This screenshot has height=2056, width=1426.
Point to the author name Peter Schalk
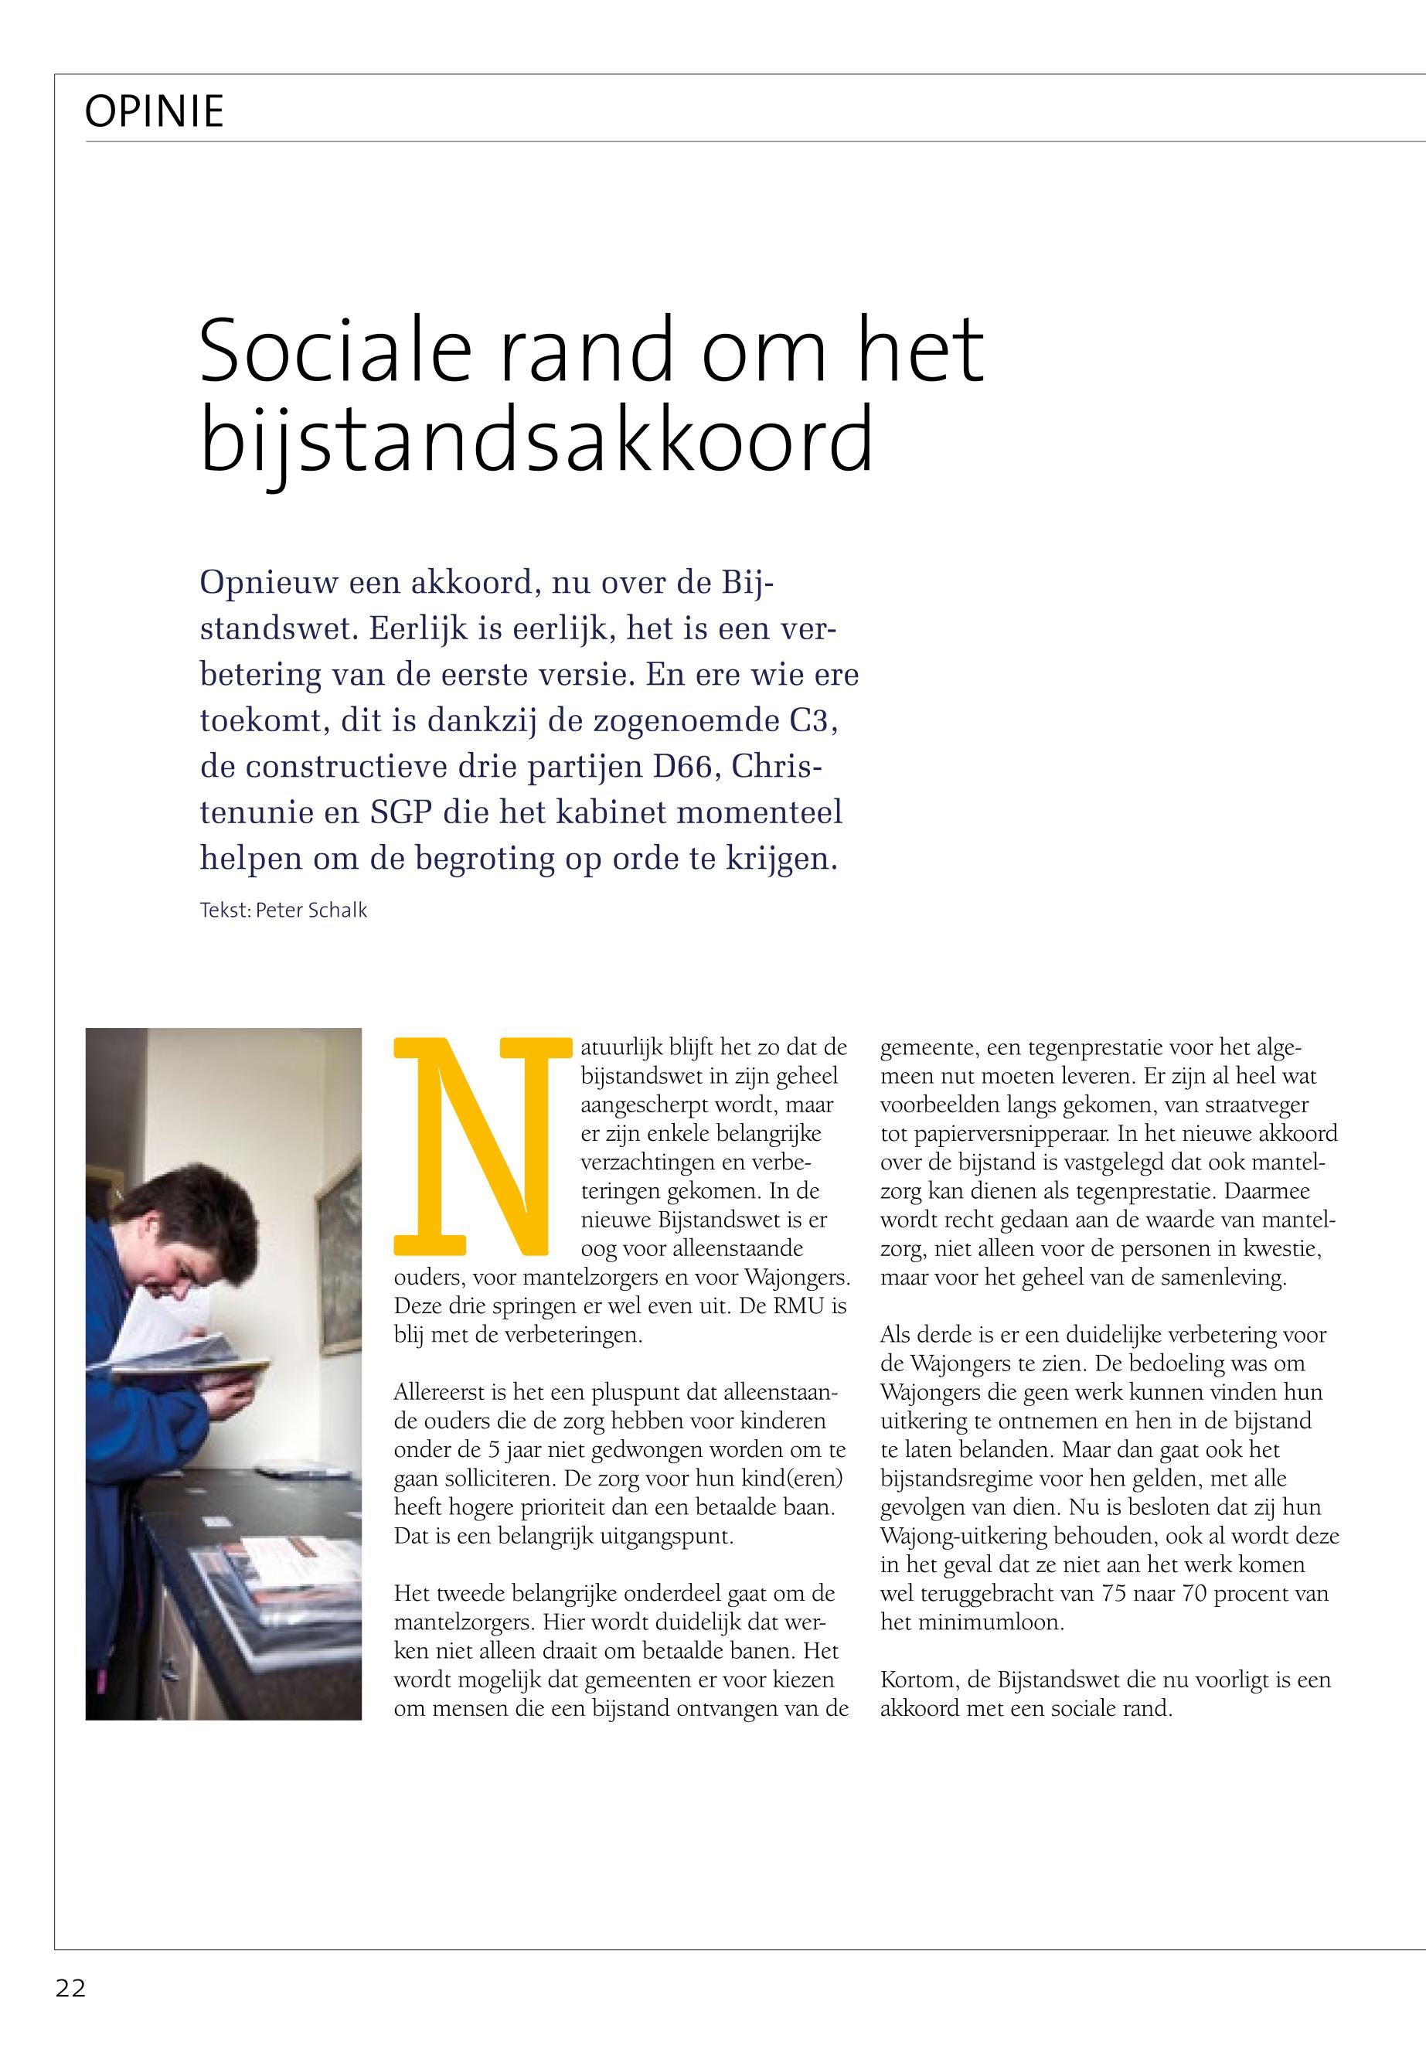311,911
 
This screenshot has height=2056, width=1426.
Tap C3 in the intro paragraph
812,720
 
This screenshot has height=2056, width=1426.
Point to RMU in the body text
802,1307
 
